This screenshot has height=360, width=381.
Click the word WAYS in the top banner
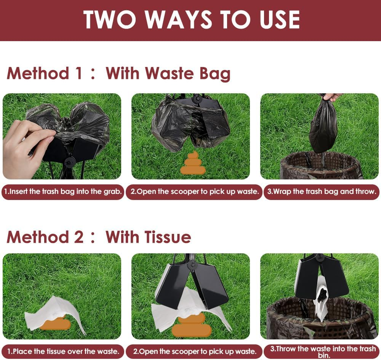[178, 20]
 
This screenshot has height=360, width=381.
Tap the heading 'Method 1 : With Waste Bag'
[118, 74]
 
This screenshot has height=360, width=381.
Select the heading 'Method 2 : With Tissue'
[99, 237]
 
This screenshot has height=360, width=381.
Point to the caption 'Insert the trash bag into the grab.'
[63, 192]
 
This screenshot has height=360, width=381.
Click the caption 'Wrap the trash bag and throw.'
[322, 192]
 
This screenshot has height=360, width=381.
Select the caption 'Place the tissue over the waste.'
[63, 351]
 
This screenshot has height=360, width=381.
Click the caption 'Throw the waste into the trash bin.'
[323, 352]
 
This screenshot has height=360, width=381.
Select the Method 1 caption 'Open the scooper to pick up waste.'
[194, 192]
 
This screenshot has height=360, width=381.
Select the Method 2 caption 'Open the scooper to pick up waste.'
[195, 351]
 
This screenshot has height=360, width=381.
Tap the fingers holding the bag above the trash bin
[332, 97]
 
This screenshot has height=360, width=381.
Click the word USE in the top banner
[280, 20]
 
